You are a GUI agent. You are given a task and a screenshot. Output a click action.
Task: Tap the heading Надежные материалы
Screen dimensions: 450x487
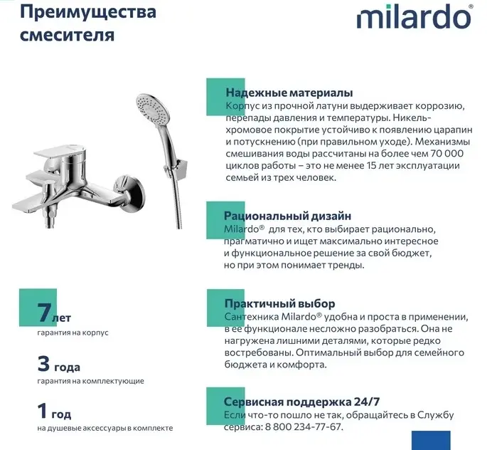289,93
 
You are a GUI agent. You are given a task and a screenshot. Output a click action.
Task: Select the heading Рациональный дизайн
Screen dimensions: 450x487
287,216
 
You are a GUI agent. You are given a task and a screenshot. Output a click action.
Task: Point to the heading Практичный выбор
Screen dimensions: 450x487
279,303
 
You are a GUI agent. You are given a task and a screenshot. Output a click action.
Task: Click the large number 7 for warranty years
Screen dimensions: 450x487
45,313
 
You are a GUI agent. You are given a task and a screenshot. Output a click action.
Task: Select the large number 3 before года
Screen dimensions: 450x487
44,365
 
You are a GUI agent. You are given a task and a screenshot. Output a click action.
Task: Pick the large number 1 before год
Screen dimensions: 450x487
44,412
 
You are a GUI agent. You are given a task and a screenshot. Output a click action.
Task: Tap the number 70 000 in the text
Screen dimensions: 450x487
444,153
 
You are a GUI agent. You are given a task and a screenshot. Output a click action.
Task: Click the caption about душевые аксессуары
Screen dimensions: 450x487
105,428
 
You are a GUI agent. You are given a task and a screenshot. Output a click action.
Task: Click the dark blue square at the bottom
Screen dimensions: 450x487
431,440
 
